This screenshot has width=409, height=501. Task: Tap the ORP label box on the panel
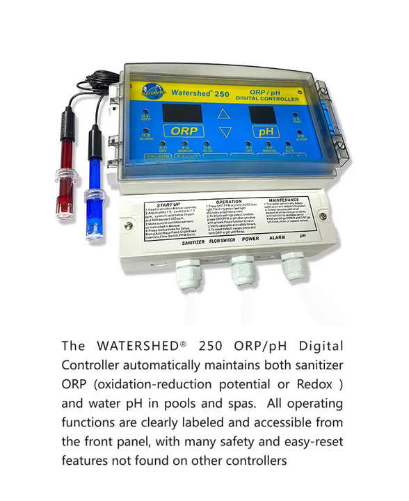point(184,130)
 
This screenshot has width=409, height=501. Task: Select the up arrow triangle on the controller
point(223,113)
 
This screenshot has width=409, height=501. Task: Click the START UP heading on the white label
point(169,205)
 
